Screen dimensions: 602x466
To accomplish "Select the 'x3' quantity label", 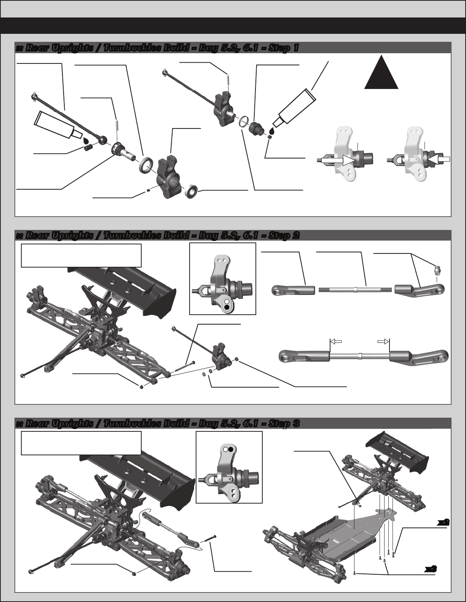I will pos(431,569).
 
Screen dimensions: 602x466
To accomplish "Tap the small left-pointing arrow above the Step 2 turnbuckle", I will pos(335,342).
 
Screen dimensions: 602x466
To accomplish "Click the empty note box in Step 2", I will pos(81,255).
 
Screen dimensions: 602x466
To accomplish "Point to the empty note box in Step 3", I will pos(81,443).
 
